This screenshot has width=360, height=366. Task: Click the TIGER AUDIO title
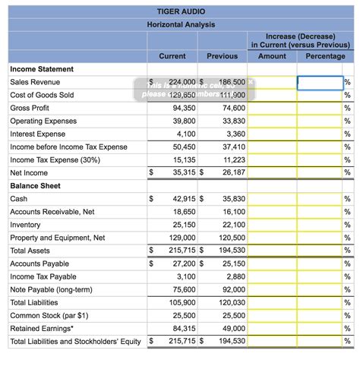click(x=180, y=11)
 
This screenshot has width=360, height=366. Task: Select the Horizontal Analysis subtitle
click(x=180, y=24)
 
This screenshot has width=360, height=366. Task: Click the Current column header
click(x=172, y=56)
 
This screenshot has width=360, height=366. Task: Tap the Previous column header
click(x=222, y=56)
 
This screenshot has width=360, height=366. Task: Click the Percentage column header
click(x=325, y=56)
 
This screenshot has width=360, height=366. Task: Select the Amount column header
click(x=272, y=56)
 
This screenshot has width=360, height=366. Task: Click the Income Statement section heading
click(x=42, y=69)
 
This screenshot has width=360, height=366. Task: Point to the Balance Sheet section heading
click(x=35, y=186)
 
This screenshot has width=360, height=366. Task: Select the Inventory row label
click(x=25, y=225)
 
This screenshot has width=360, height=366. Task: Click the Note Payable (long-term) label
click(x=50, y=289)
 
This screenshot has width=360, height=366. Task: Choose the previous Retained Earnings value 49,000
click(x=230, y=328)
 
